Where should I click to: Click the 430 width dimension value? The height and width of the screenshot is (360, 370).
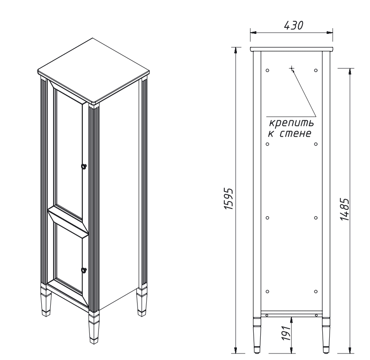click(x=294, y=26)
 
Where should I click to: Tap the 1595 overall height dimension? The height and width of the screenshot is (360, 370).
click(x=228, y=198)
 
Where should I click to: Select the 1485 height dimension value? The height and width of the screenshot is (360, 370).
click(x=344, y=209)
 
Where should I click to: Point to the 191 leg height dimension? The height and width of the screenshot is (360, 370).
click(x=286, y=333)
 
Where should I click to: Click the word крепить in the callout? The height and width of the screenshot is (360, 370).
click(x=291, y=123)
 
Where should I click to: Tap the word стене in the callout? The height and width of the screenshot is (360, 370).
click(x=296, y=133)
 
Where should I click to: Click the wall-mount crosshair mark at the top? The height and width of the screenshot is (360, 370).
click(x=292, y=69)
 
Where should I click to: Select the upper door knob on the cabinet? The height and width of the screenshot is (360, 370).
click(x=84, y=166)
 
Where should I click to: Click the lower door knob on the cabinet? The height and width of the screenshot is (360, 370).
click(x=84, y=270)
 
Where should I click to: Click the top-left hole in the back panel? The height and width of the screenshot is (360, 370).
click(x=267, y=70)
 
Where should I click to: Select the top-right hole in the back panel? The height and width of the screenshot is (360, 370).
click(x=316, y=70)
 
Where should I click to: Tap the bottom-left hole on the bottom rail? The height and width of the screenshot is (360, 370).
click(x=267, y=315)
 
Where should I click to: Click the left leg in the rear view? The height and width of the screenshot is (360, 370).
click(x=257, y=335)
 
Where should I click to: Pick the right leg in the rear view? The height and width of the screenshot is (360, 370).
click(x=326, y=335)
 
